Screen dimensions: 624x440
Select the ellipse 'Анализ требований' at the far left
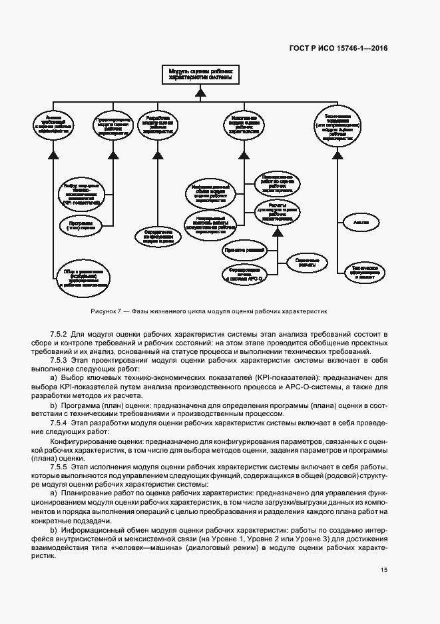55,124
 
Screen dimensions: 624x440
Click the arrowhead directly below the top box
198,93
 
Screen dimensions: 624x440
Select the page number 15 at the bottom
385,570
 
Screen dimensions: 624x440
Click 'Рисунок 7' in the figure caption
106,311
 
